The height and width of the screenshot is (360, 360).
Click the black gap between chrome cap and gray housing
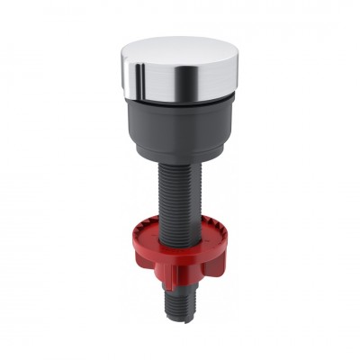[180, 97]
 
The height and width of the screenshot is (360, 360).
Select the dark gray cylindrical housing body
[179, 121]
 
